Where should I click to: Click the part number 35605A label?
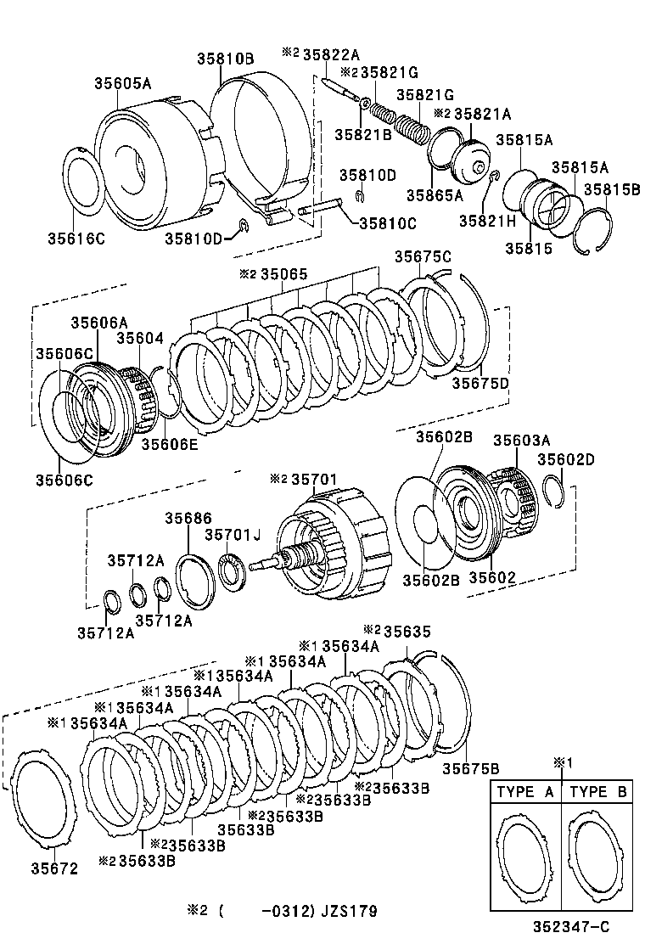(122, 83)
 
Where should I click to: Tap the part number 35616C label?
(76, 239)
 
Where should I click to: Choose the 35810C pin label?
(389, 223)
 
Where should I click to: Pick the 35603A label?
(521, 440)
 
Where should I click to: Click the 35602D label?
(566, 459)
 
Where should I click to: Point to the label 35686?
(188, 518)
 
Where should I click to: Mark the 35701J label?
(233, 534)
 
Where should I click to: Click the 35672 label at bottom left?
(54, 868)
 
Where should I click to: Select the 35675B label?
(470, 769)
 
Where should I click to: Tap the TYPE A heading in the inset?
(525, 792)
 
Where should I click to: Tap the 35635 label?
(407, 630)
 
